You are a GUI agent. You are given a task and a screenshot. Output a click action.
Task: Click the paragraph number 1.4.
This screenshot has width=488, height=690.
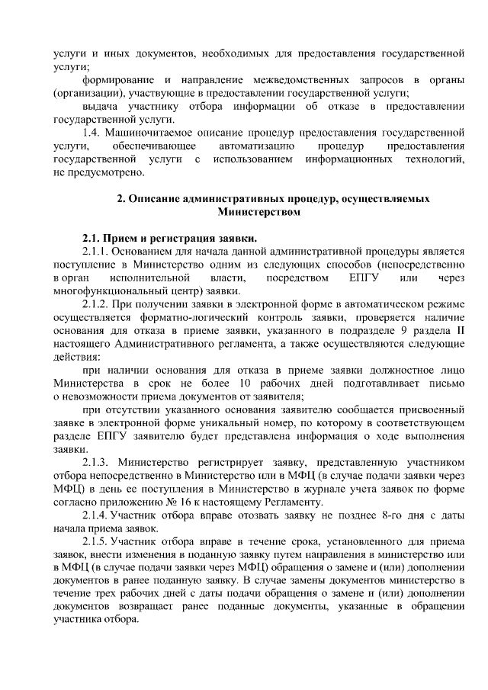pos(92,132)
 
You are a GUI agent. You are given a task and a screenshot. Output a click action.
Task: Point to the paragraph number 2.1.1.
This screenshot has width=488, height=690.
pos(97,252)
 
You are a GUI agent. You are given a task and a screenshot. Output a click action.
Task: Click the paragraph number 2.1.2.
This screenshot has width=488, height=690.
pos(97,303)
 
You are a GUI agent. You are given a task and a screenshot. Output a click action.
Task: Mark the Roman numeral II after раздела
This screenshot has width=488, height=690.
pos(458,329)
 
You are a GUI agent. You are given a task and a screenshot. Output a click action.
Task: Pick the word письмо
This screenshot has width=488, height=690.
pos(446,381)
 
